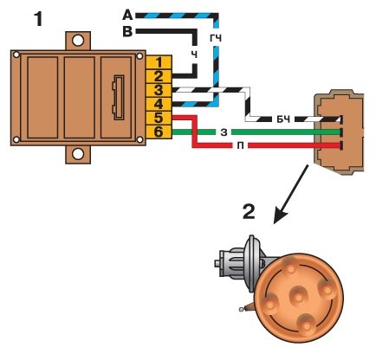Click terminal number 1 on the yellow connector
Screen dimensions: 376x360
(x=159, y=62)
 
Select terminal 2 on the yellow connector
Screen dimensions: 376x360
(x=159, y=76)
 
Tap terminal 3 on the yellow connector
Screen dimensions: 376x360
(x=159, y=91)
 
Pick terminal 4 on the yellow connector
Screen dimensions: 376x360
(x=159, y=105)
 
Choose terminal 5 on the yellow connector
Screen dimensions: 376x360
(x=159, y=119)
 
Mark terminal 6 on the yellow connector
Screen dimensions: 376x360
(x=159, y=132)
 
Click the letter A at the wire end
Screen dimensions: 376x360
(x=127, y=15)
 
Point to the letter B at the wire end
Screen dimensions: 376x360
(x=127, y=31)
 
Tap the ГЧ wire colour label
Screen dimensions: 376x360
(x=216, y=38)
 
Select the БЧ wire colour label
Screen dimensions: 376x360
(x=283, y=119)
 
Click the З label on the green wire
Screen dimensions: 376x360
(x=224, y=132)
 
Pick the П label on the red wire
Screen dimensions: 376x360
(x=241, y=146)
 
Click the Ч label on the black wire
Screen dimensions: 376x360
(x=195, y=55)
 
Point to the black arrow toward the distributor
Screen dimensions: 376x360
(x=291, y=194)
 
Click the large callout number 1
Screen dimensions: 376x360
(x=38, y=19)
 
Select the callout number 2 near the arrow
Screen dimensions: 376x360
(x=249, y=212)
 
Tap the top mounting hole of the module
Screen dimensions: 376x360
(x=78, y=41)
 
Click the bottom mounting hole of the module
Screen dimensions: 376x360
(x=78, y=154)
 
